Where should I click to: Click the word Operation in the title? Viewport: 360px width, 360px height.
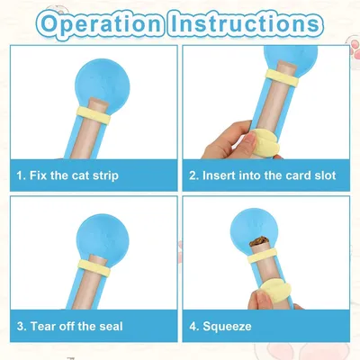point(102,24)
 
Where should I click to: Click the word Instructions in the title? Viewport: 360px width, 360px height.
point(245,24)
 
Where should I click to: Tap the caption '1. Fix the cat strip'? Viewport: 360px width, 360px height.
point(67,175)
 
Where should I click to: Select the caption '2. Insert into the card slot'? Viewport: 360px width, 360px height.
point(263,175)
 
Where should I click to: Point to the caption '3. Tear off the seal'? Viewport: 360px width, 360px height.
point(70,326)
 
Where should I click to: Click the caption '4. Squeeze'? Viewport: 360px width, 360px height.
point(220,327)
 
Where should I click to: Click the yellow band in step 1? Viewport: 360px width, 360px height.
point(94,114)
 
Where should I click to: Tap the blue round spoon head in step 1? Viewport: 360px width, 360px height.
point(103,85)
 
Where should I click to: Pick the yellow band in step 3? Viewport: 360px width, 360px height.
point(94,267)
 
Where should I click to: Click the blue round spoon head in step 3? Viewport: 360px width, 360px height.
point(103,237)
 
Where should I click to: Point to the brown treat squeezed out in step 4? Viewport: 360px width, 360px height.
point(259,241)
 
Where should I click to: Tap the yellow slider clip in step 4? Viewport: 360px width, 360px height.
point(275,291)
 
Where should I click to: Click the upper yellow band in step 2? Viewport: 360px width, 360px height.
point(282,77)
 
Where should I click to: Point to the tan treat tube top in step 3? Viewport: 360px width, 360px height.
point(99,258)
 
